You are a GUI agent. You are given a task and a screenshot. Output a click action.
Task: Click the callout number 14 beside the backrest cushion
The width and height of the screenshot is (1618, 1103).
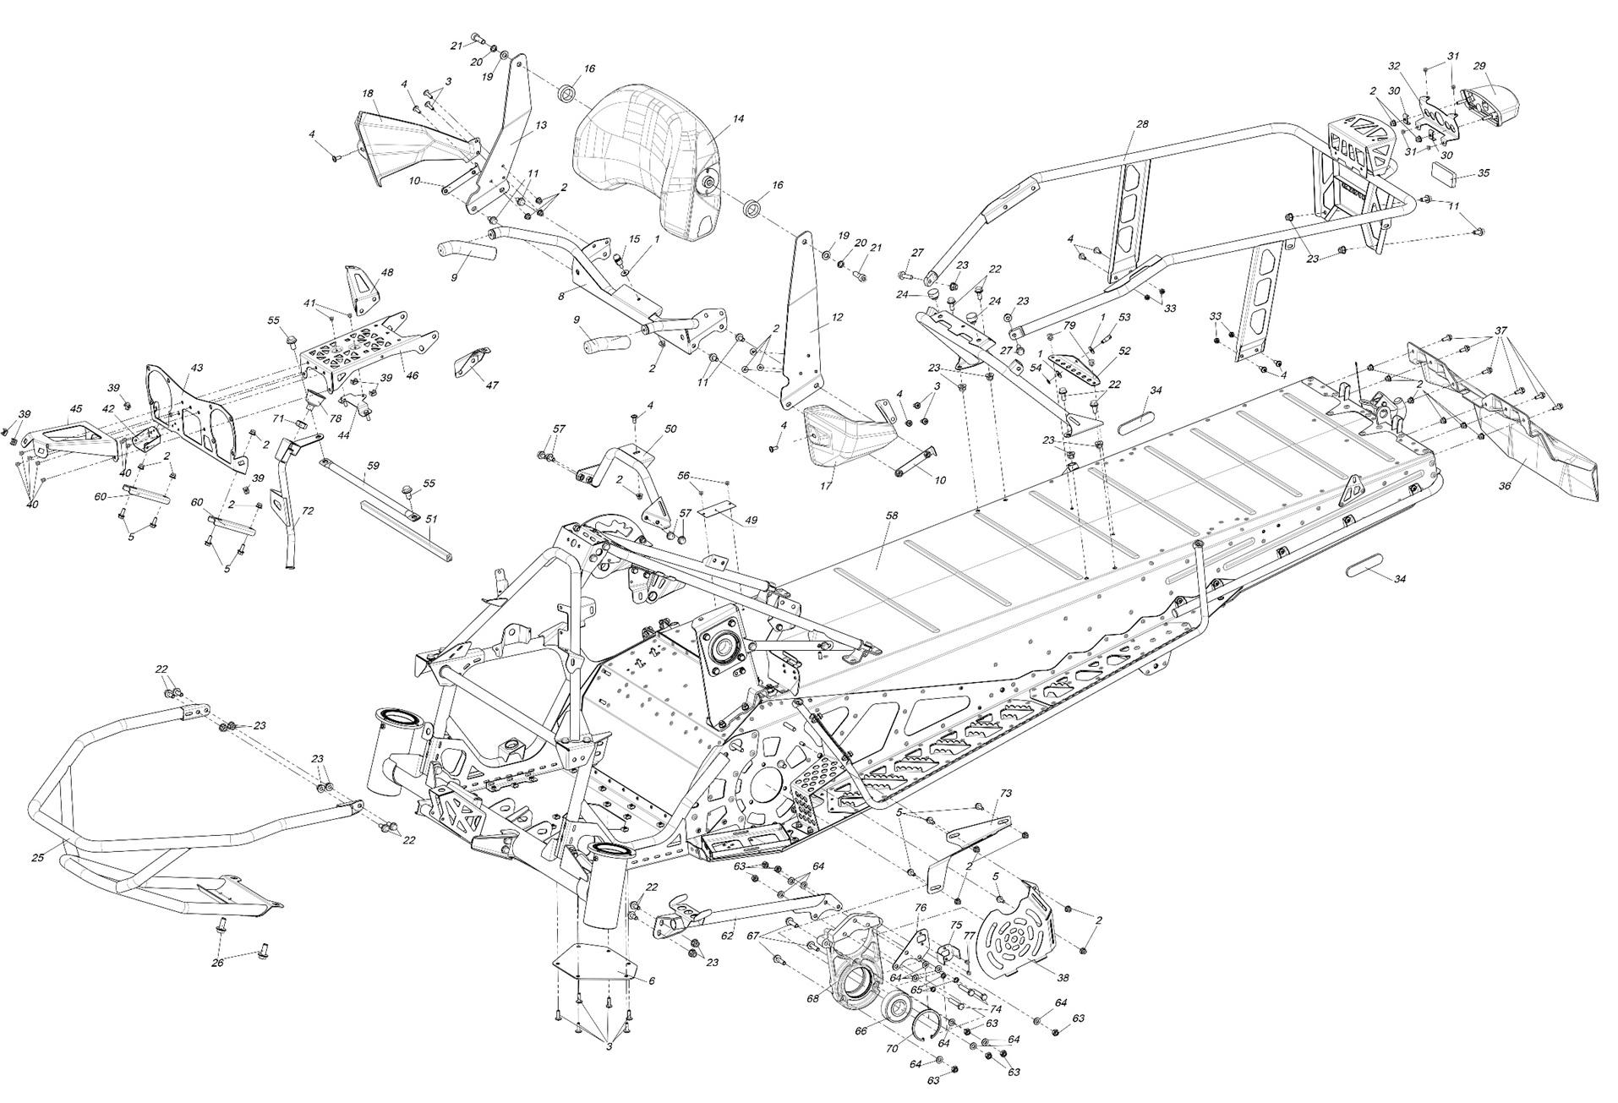[x=738, y=119]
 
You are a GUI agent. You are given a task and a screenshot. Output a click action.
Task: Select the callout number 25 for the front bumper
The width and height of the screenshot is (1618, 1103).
[x=37, y=858]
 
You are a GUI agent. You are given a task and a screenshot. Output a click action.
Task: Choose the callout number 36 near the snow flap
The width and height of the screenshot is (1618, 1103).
[x=1505, y=486]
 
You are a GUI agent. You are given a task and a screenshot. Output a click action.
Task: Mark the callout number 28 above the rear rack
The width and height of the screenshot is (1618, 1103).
[x=1142, y=124]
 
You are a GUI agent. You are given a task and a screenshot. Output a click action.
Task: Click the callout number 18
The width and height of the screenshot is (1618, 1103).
[x=368, y=93]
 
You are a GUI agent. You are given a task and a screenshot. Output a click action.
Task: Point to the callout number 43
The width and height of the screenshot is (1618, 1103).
[x=197, y=368]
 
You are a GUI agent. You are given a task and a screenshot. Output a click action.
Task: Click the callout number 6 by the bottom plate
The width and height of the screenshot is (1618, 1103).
[x=652, y=980]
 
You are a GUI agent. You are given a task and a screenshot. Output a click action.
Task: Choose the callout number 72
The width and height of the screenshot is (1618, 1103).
[x=308, y=511]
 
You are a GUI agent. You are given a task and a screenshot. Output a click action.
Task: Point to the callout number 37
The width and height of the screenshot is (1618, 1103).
[x=1500, y=330]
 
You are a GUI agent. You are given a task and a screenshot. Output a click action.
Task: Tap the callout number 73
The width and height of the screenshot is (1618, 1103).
[x=1006, y=794]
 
